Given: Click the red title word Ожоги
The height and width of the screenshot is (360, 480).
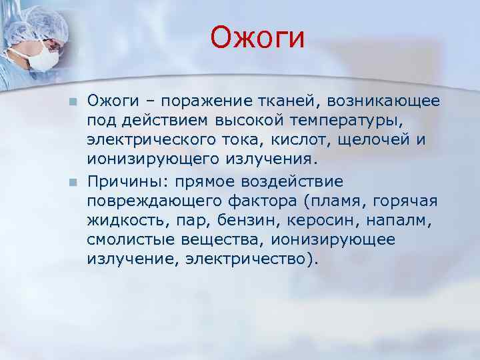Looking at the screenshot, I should coord(257,37).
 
